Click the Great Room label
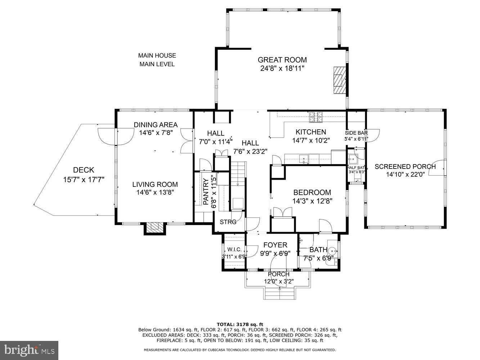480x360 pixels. tap(282, 60)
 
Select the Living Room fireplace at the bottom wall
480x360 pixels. tap(155, 228)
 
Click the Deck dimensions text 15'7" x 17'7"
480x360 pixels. tap(84, 180)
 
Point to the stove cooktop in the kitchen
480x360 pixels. tap(316, 116)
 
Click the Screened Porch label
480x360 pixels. tap(405, 167)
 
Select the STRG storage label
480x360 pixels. tap(228, 222)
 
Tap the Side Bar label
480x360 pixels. tap(356, 132)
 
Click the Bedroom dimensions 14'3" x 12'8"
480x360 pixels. tap(312, 201)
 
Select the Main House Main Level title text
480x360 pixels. tap(157, 60)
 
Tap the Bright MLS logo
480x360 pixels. tap(29, 350)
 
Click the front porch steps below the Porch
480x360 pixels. tap(280, 293)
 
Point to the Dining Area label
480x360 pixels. tap(156, 125)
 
